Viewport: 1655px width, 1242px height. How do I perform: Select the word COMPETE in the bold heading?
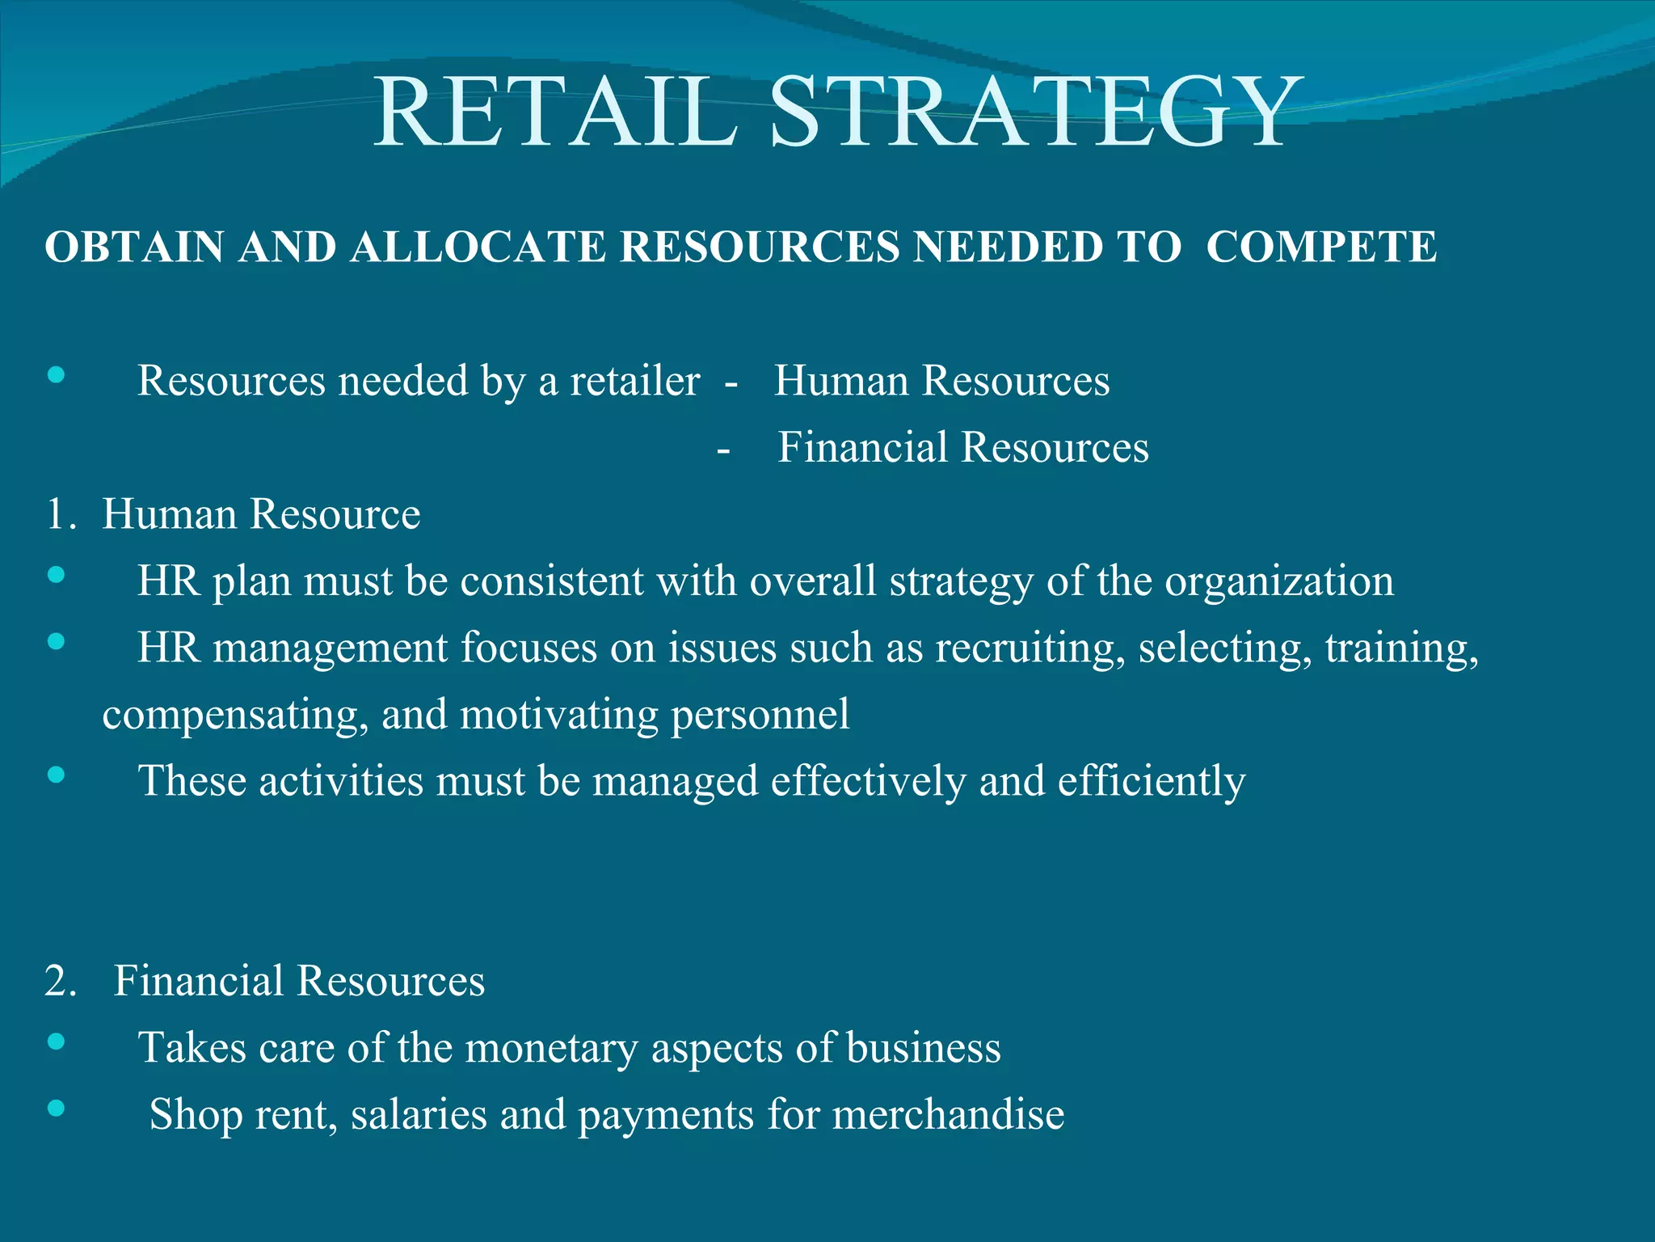point(1321,247)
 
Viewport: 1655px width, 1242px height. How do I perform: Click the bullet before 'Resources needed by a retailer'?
point(56,374)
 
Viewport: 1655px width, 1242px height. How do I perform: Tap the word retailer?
point(634,380)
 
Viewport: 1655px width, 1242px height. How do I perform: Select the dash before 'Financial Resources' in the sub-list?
point(723,450)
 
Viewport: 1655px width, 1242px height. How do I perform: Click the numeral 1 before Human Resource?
point(55,514)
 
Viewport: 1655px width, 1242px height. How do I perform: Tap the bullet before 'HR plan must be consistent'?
point(56,575)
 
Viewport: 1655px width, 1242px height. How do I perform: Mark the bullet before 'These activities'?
point(56,775)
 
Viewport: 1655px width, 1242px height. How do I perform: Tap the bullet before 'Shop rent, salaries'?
point(56,1108)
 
